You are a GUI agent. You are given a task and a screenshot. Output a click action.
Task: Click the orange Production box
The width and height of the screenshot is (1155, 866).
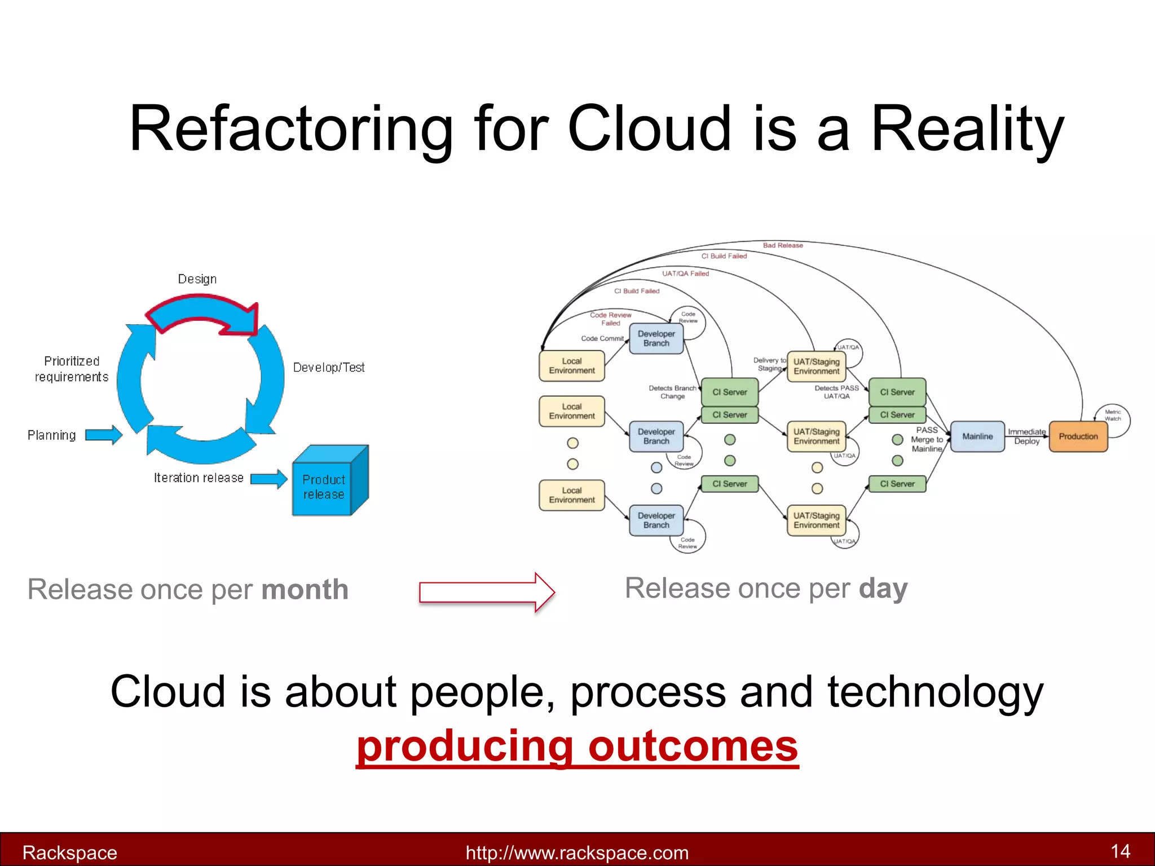[x=1078, y=436]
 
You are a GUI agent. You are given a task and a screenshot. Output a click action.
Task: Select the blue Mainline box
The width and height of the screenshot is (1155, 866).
[x=977, y=436]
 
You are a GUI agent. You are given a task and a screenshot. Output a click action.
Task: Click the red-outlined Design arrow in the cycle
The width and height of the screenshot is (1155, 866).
[x=203, y=313]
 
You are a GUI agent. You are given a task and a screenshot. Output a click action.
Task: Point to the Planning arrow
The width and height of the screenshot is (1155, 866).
[x=104, y=435]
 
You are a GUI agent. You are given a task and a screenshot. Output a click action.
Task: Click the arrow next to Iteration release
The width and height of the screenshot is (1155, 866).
[x=268, y=479]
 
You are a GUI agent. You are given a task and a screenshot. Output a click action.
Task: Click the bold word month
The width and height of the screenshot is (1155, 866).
[x=305, y=590]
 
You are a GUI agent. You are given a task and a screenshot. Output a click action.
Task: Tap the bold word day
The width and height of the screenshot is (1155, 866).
[x=883, y=589]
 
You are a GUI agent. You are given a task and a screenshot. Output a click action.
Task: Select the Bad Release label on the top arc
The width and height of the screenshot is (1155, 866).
[x=783, y=245]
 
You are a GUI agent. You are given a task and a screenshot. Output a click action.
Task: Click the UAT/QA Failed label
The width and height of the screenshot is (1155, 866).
[x=685, y=273]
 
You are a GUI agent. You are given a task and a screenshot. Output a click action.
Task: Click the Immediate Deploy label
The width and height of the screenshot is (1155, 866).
[x=1026, y=436]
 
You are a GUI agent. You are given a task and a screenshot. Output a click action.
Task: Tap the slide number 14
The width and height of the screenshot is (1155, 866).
[x=1120, y=851]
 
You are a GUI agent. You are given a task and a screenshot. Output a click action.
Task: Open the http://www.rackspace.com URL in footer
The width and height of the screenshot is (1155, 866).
[x=577, y=852]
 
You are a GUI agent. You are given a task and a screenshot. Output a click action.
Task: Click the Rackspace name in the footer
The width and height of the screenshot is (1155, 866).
[x=70, y=852]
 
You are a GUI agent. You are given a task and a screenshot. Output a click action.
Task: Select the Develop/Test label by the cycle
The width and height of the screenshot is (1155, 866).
[x=329, y=368]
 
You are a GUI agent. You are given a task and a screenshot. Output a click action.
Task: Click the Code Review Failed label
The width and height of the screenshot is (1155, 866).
[x=611, y=319]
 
